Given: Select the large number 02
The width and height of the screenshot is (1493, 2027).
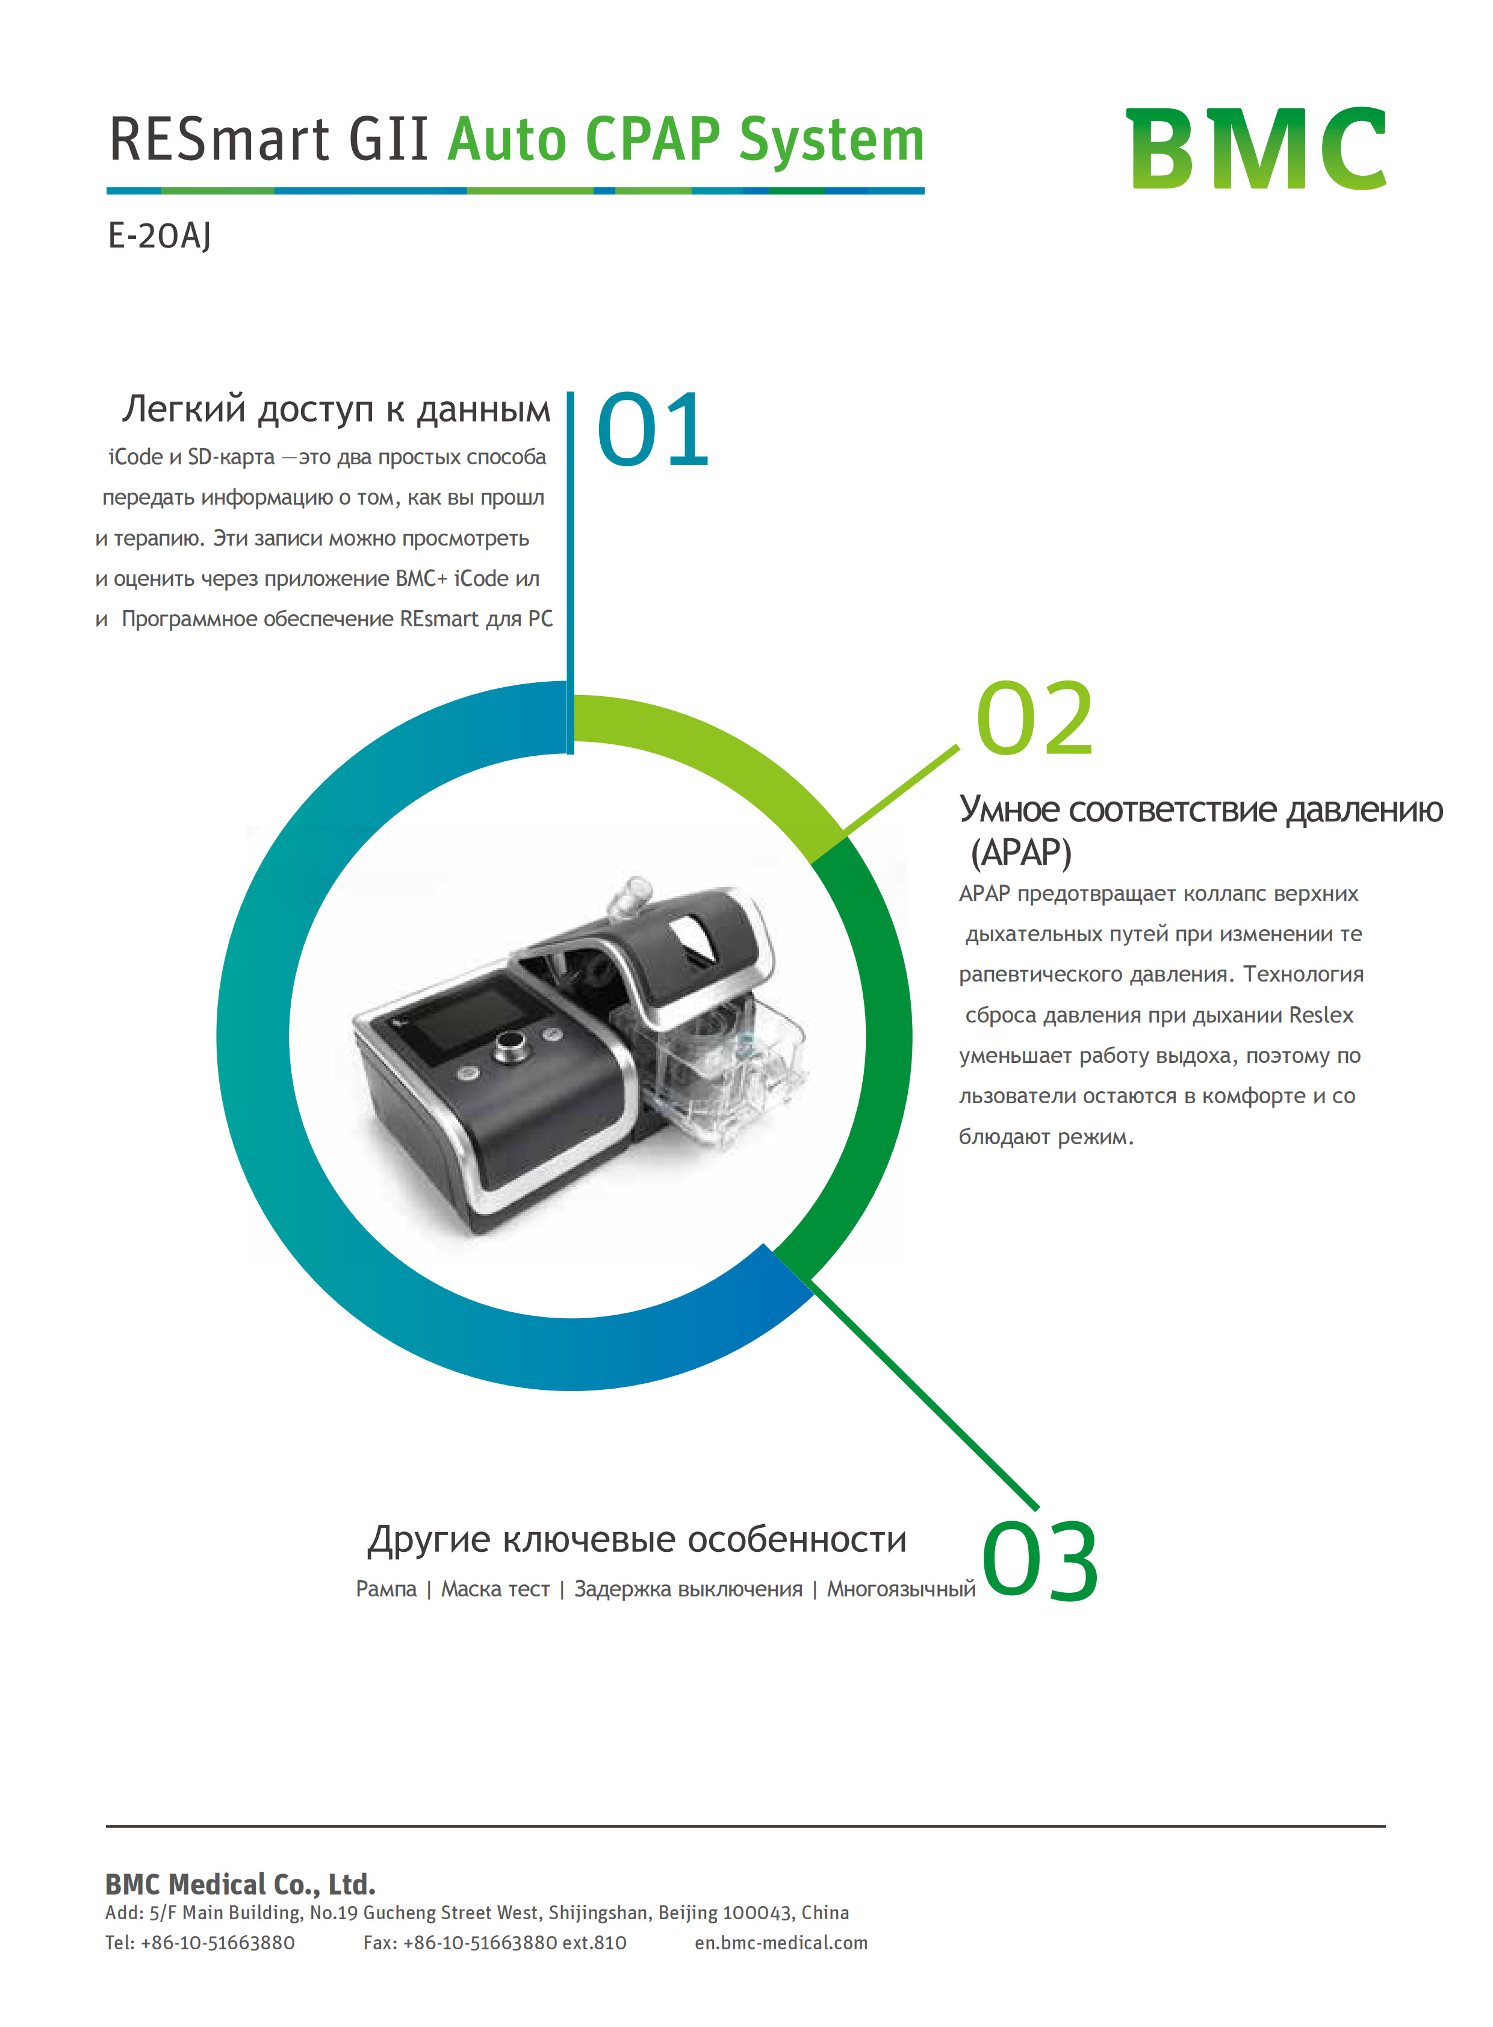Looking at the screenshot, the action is [1035, 719].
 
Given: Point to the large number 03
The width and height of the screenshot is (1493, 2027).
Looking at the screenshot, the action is [1040, 1562].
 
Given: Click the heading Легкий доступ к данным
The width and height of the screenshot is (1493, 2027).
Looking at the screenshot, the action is [336, 409].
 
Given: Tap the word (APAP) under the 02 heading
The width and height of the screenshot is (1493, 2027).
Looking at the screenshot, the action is [1020, 853].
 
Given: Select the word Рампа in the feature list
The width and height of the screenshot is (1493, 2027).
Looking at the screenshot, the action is [386, 1589].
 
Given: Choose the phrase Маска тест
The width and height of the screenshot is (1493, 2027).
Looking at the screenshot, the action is [495, 1589].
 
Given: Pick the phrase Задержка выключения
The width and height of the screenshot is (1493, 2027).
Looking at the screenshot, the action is [689, 1589].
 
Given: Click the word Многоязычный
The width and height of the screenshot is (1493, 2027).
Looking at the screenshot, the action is [901, 1589].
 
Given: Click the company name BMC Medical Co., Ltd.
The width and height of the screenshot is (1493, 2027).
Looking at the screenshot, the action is [240, 1884].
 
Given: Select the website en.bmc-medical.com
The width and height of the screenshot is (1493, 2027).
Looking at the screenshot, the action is [781, 1942].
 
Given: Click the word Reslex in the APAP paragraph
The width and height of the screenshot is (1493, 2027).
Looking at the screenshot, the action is [1321, 1015].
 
